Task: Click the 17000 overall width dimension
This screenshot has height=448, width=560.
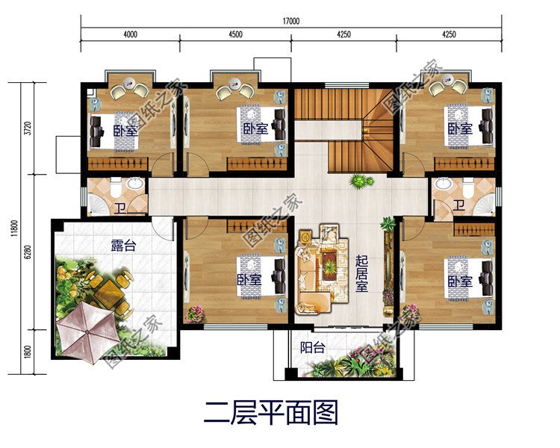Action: tap(291, 22)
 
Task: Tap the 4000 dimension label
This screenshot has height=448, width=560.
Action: tap(130, 35)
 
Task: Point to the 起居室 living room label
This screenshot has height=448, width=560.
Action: tap(362, 275)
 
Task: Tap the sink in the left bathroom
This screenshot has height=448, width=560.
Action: tap(135, 184)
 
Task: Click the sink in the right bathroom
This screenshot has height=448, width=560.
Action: tap(443, 184)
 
